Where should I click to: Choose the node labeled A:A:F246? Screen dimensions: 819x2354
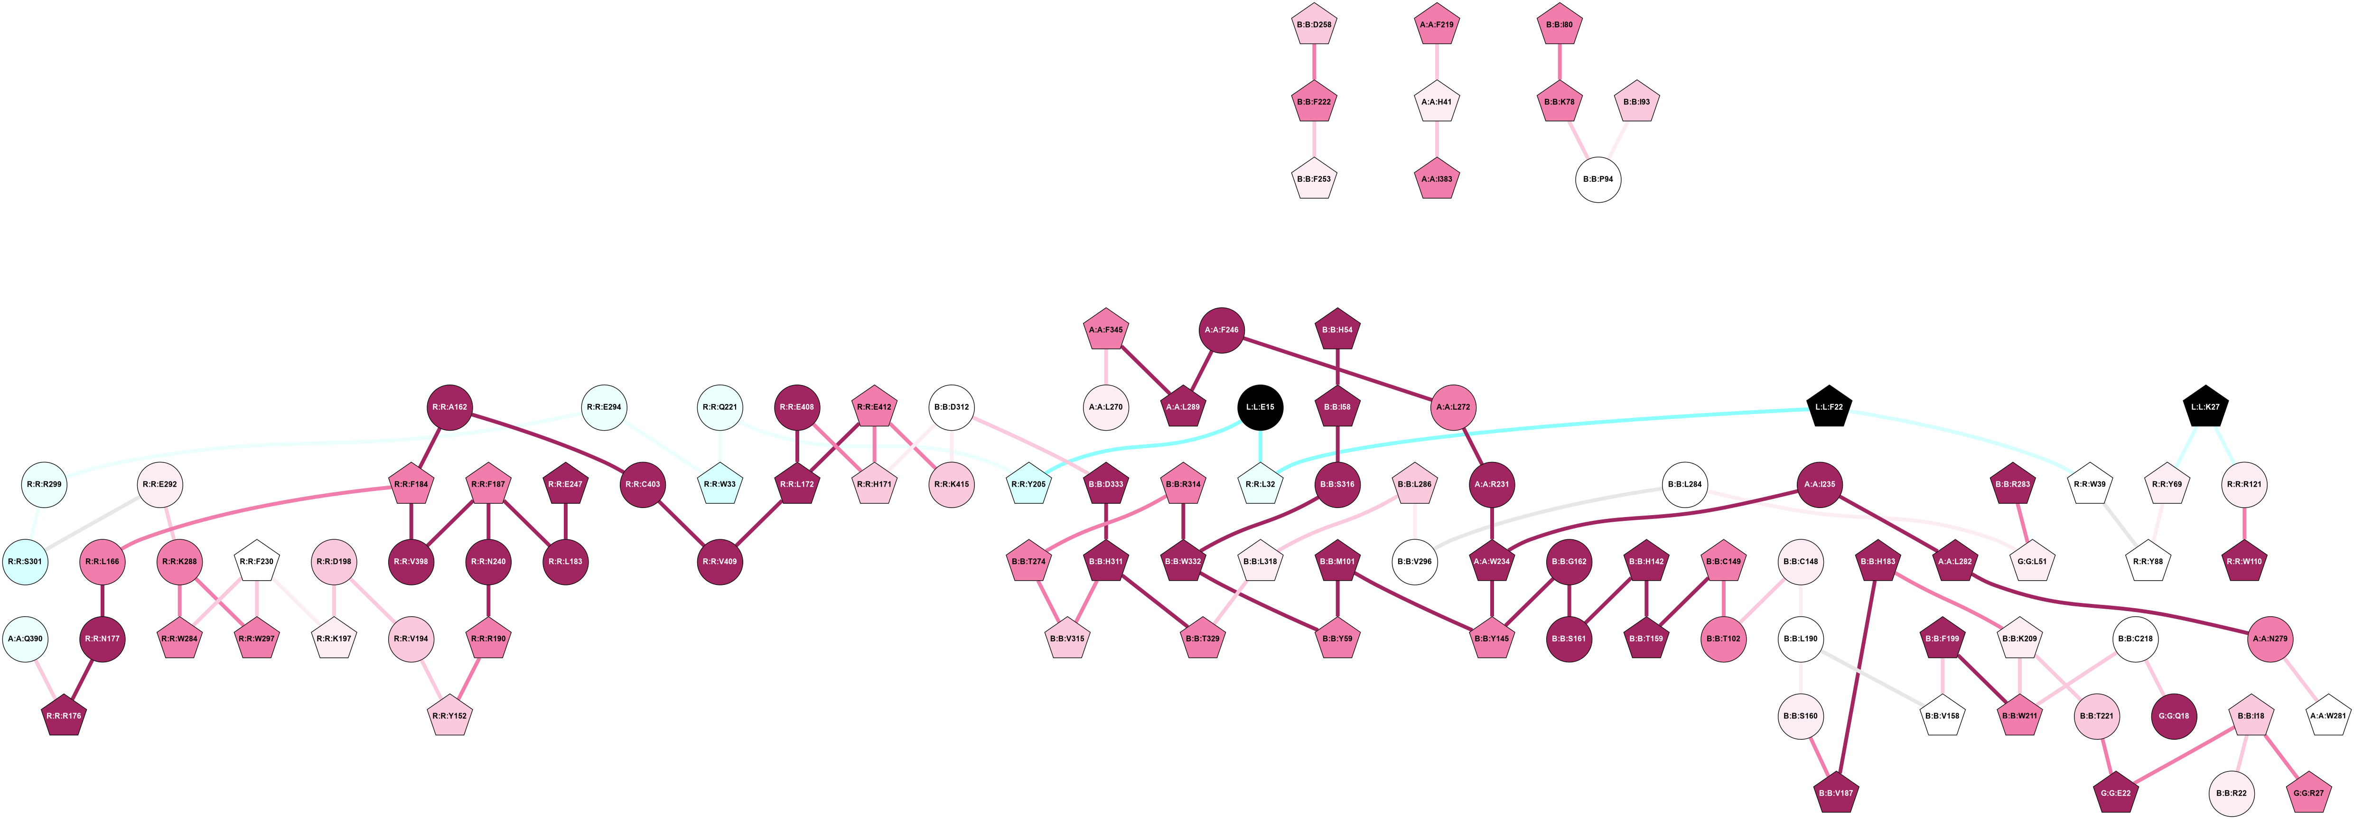click(x=1221, y=330)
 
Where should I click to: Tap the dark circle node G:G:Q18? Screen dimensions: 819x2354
click(x=2174, y=715)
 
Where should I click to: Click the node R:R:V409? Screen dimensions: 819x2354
click(x=720, y=561)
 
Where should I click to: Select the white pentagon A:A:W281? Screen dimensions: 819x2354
click(x=2327, y=715)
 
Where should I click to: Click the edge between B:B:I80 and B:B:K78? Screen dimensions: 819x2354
click(x=1559, y=63)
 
